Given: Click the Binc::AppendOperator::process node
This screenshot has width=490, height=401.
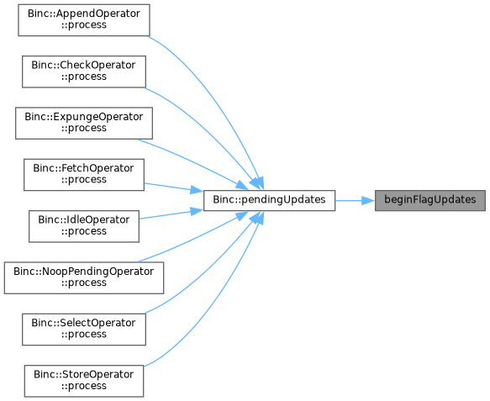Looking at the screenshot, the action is pyautogui.click(x=84, y=20).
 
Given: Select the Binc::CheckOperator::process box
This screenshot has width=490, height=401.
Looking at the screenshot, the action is pyautogui.click(x=84, y=71).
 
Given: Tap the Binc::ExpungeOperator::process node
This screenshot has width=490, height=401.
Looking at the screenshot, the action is pyautogui.click(x=84, y=123).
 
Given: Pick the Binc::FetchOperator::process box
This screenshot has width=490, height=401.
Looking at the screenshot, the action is pyautogui.click(x=84, y=175).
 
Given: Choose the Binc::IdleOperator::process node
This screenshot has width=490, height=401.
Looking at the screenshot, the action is pyautogui.click(x=84, y=226).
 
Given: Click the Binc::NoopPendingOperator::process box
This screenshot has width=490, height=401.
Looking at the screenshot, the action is pyautogui.click(x=84, y=278).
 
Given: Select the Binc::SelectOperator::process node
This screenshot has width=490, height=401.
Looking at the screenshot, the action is pyautogui.click(x=84, y=330).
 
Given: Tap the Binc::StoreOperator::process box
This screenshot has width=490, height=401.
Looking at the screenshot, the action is pyautogui.click(x=84, y=381).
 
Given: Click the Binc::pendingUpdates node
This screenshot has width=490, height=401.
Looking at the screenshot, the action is pyautogui.click(x=269, y=200).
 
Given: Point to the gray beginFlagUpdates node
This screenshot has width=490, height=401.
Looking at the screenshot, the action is pyautogui.click(x=430, y=200).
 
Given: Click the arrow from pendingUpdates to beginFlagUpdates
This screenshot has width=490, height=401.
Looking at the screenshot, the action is pyautogui.click(x=355, y=200).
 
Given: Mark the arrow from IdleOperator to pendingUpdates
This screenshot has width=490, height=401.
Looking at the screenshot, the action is pyautogui.click(x=171, y=214).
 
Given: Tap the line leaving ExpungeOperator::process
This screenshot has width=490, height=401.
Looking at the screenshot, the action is pyautogui.click(x=194, y=162).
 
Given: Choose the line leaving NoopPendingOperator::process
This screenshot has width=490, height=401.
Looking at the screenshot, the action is pyautogui.click(x=194, y=239).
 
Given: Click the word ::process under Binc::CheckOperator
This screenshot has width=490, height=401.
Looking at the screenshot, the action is pyautogui.click(x=84, y=77).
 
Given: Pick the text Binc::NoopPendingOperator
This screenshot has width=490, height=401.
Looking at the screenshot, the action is pyautogui.click(x=84, y=272).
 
